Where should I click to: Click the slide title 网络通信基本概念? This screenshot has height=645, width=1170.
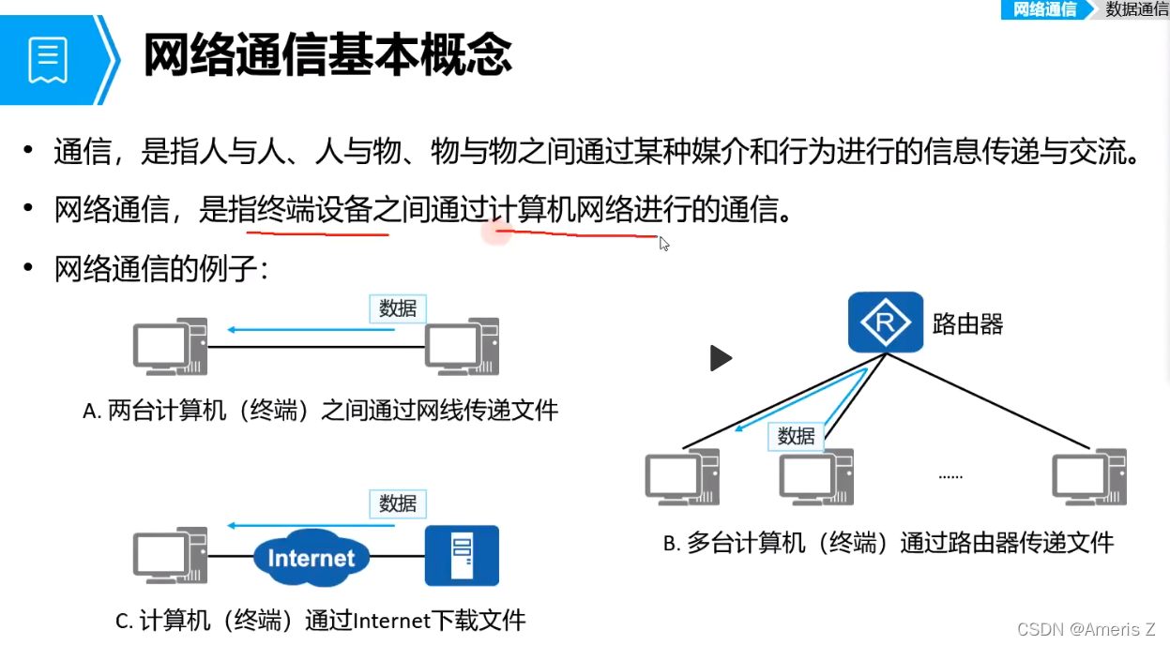[327, 54]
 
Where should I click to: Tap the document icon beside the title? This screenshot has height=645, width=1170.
[48, 58]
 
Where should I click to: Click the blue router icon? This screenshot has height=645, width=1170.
[885, 322]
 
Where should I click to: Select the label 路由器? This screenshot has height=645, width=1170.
[967, 324]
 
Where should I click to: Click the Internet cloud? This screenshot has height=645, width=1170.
[311, 558]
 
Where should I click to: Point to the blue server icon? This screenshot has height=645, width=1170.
[462, 555]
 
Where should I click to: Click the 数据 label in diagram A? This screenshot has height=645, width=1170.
[398, 308]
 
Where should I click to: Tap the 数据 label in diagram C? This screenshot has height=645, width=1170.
[398, 503]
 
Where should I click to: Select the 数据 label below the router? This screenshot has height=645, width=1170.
[796, 436]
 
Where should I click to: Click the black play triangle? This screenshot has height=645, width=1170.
[720, 358]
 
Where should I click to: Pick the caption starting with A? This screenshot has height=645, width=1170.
[320, 410]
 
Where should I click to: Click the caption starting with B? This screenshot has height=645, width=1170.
[888, 542]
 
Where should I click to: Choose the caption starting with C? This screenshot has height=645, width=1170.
[320, 620]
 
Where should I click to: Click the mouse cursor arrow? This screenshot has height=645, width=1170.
[663, 244]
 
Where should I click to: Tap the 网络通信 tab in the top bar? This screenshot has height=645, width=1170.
[1044, 9]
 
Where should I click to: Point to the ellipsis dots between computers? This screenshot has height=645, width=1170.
[950, 476]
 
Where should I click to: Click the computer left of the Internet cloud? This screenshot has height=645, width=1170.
[169, 556]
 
